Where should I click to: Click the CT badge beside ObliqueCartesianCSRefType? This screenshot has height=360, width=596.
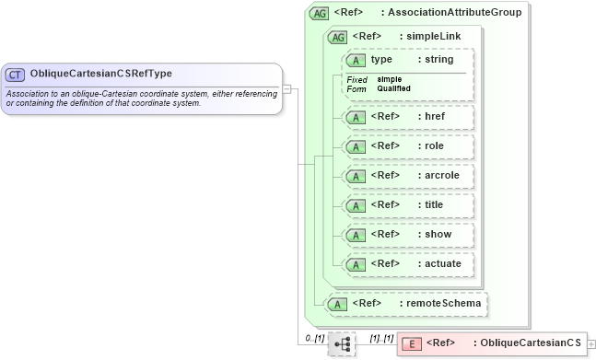(x=16, y=74)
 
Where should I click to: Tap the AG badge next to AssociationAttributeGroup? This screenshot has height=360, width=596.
(x=320, y=13)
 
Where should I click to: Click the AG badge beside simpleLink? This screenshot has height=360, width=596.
(x=338, y=37)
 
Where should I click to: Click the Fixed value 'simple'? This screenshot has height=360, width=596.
(x=389, y=79)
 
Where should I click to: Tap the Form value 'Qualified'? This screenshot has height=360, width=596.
(x=393, y=88)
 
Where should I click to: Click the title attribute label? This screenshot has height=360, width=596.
(x=432, y=204)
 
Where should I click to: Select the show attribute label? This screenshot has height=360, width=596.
(x=434, y=234)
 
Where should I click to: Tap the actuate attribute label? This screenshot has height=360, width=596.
(x=438, y=264)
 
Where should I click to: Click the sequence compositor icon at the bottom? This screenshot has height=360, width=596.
(x=342, y=343)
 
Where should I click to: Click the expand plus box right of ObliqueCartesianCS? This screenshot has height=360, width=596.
(x=590, y=343)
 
